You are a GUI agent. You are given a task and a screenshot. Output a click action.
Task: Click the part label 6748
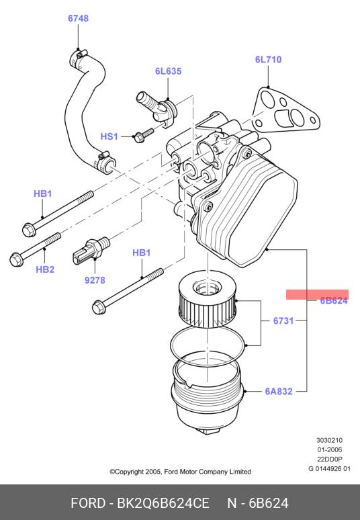point(78,18)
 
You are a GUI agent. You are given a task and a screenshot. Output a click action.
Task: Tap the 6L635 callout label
point(169,71)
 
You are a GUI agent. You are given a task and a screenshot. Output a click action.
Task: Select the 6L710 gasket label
point(268,60)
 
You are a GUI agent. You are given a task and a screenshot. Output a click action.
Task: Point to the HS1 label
point(109,136)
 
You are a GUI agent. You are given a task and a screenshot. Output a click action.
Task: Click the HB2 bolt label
point(45,269)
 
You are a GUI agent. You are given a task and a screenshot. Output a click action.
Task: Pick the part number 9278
point(95,280)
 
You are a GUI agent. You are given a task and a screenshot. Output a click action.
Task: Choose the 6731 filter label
point(283,320)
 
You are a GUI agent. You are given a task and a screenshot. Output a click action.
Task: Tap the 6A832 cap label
point(279,391)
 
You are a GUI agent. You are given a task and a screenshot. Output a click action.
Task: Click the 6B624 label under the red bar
point(334,301)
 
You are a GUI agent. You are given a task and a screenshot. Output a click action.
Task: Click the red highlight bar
point(317,294)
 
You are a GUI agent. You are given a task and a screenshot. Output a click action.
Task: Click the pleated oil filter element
point(207,299)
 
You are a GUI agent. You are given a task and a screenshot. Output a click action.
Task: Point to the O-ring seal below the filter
point(208,344)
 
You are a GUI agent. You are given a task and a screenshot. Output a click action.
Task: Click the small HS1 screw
point(144,135)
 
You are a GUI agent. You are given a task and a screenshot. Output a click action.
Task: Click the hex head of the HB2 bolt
point(16,260)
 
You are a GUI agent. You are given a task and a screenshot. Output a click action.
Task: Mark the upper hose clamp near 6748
point(78,58)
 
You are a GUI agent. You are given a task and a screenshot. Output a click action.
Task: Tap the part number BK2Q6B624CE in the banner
point(163,503)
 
